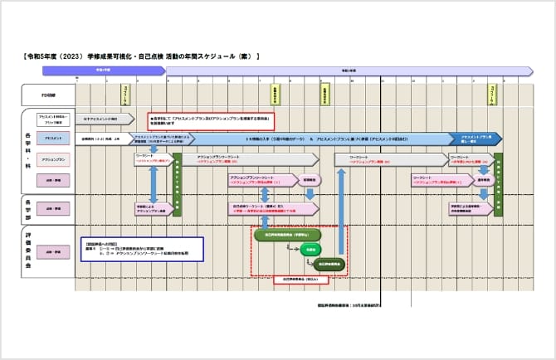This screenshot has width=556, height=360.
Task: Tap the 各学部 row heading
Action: [x=28, y=207]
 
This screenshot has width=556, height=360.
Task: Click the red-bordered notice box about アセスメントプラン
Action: [x=210, y=119]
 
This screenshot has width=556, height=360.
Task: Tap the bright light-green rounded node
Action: [x=310, y=249]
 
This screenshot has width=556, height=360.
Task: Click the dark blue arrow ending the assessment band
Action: [x=476, y=138]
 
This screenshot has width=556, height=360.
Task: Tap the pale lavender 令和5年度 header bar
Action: [x=349, y=71]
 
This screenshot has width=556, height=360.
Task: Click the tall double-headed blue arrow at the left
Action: [x=154, y=184]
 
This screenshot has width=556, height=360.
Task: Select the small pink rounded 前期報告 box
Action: [x=309, y=178]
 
